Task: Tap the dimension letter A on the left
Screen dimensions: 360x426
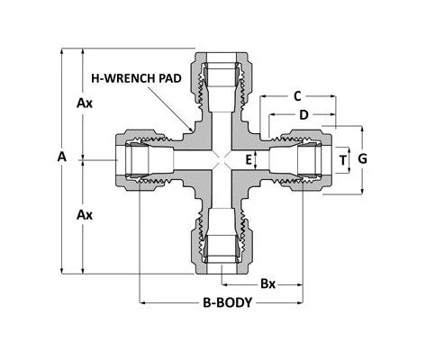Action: pos(61,157)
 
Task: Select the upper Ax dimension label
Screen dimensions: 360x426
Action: pos(85,103)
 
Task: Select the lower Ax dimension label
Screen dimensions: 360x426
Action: pos(85,216)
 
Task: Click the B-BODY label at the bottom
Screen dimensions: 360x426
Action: pos(222,303)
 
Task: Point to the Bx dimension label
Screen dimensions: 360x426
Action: pos(267,283)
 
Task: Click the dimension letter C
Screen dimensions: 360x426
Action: pos(296,94)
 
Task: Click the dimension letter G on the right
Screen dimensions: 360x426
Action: pos(362,159)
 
